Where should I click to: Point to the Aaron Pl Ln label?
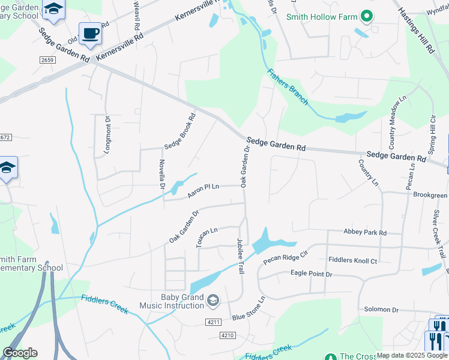pos(203,190)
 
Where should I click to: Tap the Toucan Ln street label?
pos(206,238)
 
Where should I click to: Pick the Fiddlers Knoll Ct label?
pos(353,260)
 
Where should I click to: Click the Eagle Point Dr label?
pos(311,274)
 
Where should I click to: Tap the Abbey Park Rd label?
pos(365,232)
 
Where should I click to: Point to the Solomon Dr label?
pos(381,310)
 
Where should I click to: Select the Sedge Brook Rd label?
pos(180,132)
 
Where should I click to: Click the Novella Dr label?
pos(161,173)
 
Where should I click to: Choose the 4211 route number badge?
pos(213,322)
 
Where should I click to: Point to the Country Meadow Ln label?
pos(397,122)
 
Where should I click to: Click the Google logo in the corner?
pos(20,352)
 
